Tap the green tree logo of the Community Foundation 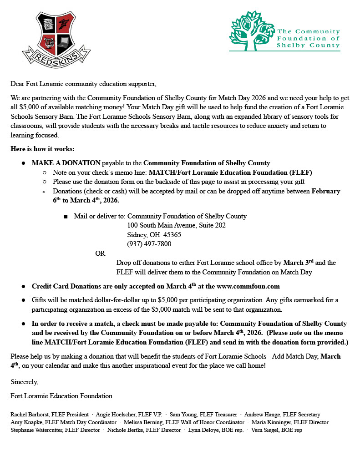click(x=251, y=31)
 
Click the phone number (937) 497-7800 click(x=149, y=244)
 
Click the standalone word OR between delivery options click(x=100, y=253)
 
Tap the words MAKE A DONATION click(x=66, y=163)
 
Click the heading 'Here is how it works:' click(x=42, y=149)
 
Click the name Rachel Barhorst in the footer click(x=30, y=415)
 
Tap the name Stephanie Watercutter click(x=37, y=430)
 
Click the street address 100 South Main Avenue click(x=176, y=225)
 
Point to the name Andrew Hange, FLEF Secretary click(x=282, y=415)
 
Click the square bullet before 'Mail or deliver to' click(x=66, y=217)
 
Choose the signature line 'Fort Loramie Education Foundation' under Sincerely click(x=61, y=396)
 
